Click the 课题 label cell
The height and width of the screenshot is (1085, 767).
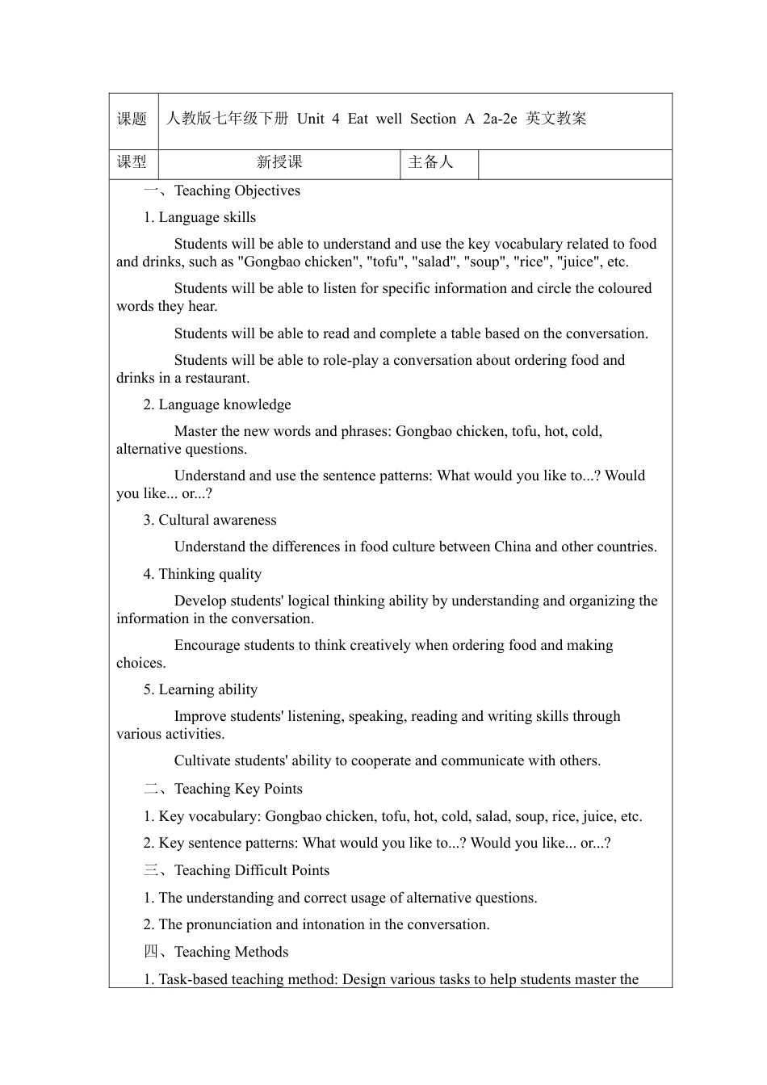132,119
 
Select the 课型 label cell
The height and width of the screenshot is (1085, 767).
132,162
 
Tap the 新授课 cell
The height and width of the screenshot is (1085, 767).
279,162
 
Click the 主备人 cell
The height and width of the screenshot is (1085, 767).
431,162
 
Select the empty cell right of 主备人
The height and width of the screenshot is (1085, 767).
575,163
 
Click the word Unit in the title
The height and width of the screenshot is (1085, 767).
310,119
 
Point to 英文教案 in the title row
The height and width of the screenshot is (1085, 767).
555,119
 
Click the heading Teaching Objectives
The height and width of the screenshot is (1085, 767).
237,191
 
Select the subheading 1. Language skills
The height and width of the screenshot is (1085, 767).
199,217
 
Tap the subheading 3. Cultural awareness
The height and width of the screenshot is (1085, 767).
210,520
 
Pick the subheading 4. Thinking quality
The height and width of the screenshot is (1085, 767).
203,574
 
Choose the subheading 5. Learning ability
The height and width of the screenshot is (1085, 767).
200,689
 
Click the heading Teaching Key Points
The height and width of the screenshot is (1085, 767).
238,789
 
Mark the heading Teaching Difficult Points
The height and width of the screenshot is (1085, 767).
251,870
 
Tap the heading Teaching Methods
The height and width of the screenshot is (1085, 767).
231,952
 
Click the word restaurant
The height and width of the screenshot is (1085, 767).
216,378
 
